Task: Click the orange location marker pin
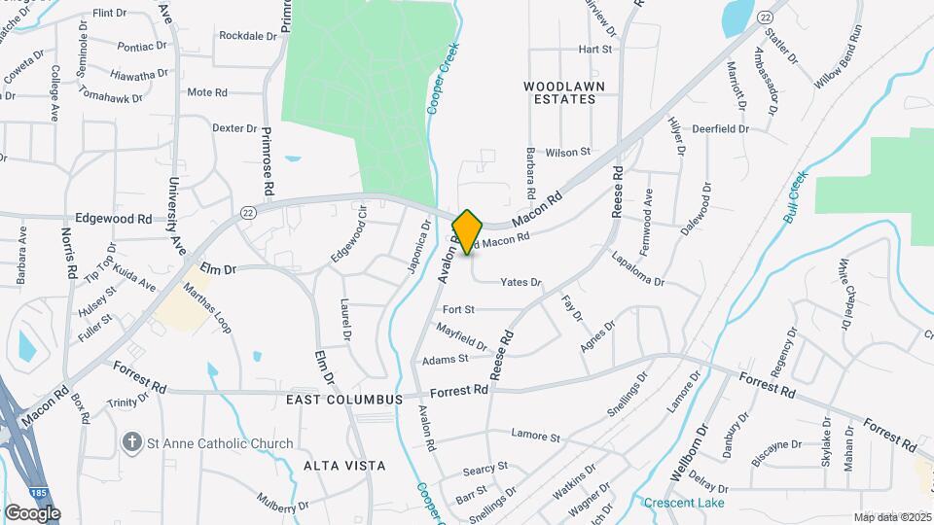coord(468,232)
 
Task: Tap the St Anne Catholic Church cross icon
coord(132,443)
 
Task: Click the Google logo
coord(32,513)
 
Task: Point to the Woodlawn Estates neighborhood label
coord(558,92)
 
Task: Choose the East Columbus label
coord(344,400)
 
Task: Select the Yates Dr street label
coord(521,282)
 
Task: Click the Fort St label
coord(457,309)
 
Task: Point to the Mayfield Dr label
coord(462,337)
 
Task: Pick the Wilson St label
coord(568,152)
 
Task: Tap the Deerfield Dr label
coord(720,128)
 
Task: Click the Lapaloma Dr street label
coord(638,269)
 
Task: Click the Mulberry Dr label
coord(283,505)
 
